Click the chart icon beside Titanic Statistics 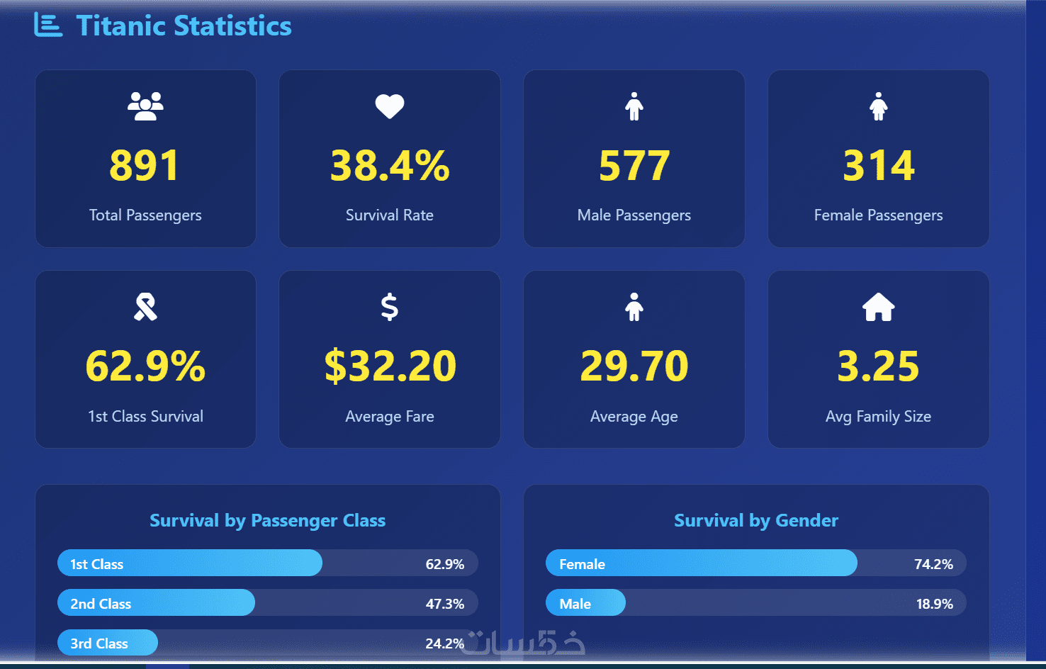47,26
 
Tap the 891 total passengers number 145,165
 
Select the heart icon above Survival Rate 389,106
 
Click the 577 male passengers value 634,165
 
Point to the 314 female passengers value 878,165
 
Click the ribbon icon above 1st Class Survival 145,307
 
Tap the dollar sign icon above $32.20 389,307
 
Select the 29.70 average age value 634,366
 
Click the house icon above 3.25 878,308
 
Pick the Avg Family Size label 878,417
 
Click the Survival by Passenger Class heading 267,521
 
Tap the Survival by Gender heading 755,521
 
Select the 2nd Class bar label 101,604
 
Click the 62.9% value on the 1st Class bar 444,564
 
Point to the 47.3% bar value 444,604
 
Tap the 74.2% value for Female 933,564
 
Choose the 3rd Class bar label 99,643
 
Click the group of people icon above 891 145,106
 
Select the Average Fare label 389,417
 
